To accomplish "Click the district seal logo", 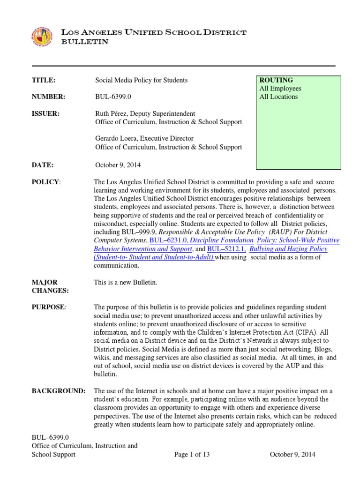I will coord(42,37).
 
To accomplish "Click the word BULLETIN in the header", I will coord(85,42).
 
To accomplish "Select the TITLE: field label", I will coord(44,80).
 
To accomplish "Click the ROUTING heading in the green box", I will coord(276,80).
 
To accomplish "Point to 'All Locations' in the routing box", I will coord(278,97).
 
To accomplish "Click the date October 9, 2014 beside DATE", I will coord(118,165).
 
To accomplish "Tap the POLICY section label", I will coord(46,182).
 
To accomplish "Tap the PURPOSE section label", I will coord(49,307).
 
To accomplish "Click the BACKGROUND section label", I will coord(58,391).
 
